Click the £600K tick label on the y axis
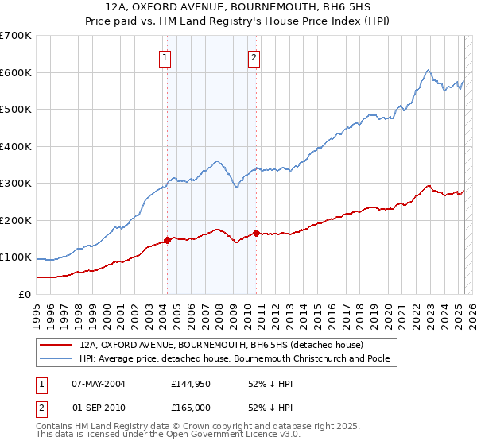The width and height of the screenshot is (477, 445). tap(16, 72)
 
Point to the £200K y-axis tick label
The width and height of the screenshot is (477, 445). tap(16, 220)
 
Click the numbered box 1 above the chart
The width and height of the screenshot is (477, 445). tap(165, 56)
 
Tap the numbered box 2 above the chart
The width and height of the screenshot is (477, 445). tap(254, 56)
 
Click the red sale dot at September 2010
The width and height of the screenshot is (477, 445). tap(256, 233)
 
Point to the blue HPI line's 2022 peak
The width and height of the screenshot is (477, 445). tap(428, 70)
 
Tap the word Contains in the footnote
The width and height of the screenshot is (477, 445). tap(56, 427)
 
